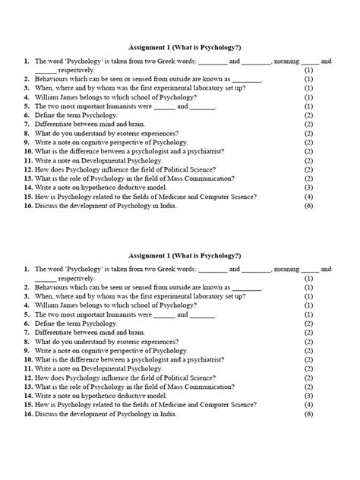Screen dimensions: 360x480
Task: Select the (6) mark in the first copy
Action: [x=308, y=205]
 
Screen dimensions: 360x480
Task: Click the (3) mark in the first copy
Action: [x=308, y=187]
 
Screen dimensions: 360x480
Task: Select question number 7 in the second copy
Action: [x=27, y=333]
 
